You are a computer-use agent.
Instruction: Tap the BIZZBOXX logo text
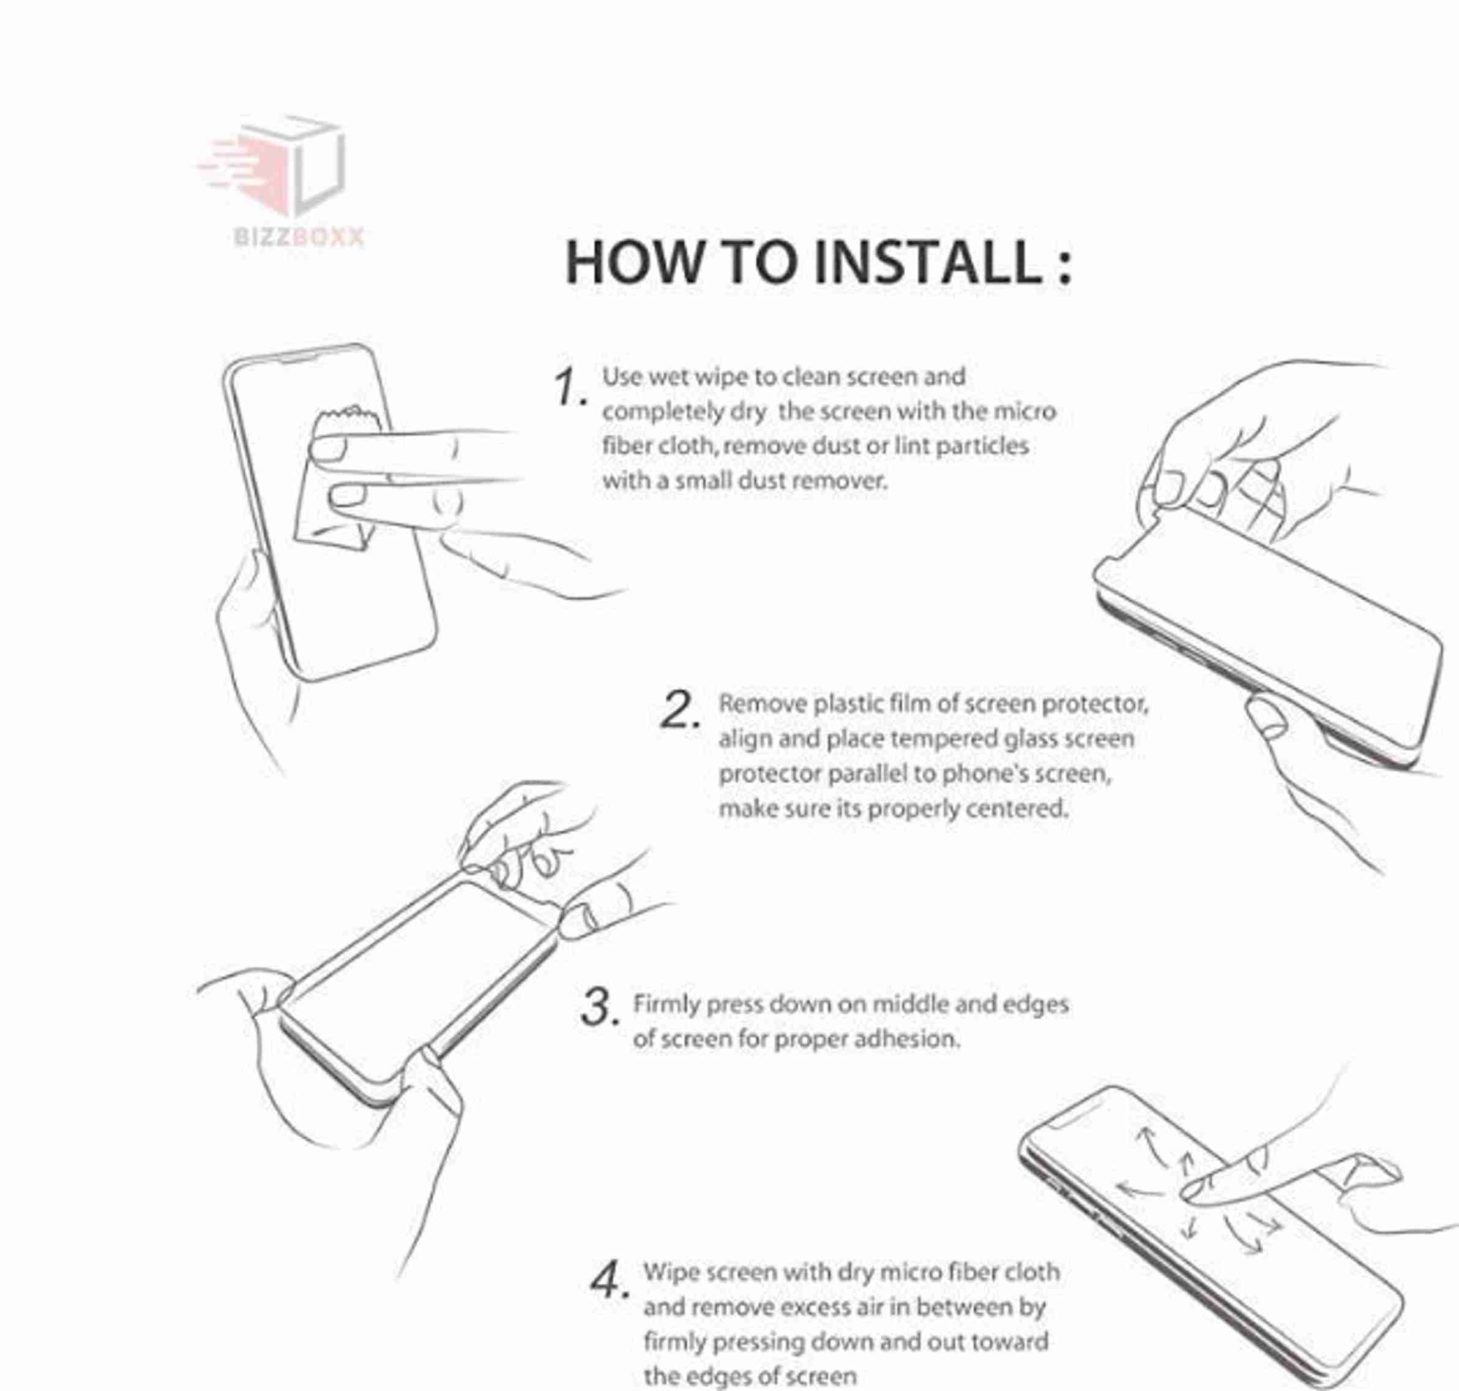299,236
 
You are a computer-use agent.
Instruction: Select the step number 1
569,387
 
